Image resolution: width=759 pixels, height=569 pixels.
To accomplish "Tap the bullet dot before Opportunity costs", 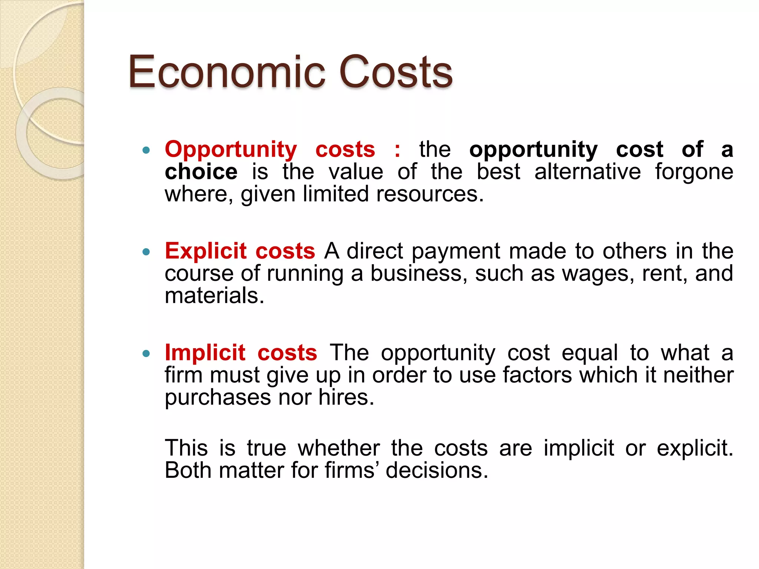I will click(146, 150).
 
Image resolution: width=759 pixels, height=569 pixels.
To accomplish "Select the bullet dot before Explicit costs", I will click(146, 252).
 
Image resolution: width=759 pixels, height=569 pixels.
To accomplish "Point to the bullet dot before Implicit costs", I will click(146, 354).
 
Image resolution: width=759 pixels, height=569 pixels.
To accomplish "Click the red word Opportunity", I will click(231, 150).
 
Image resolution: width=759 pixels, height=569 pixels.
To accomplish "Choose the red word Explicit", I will click(206, 251).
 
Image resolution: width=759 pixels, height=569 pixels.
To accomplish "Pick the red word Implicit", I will click(205, 352).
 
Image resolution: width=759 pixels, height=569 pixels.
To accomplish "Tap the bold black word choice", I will click(201, 172).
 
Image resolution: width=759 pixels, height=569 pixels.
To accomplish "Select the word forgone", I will click(694, 173).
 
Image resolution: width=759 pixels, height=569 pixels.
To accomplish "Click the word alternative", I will click(587, 172).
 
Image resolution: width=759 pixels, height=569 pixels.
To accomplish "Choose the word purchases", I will click(218, 398).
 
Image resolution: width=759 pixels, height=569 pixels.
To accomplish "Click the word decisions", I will click(437, 470).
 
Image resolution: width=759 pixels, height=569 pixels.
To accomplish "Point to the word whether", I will click(339, 448).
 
